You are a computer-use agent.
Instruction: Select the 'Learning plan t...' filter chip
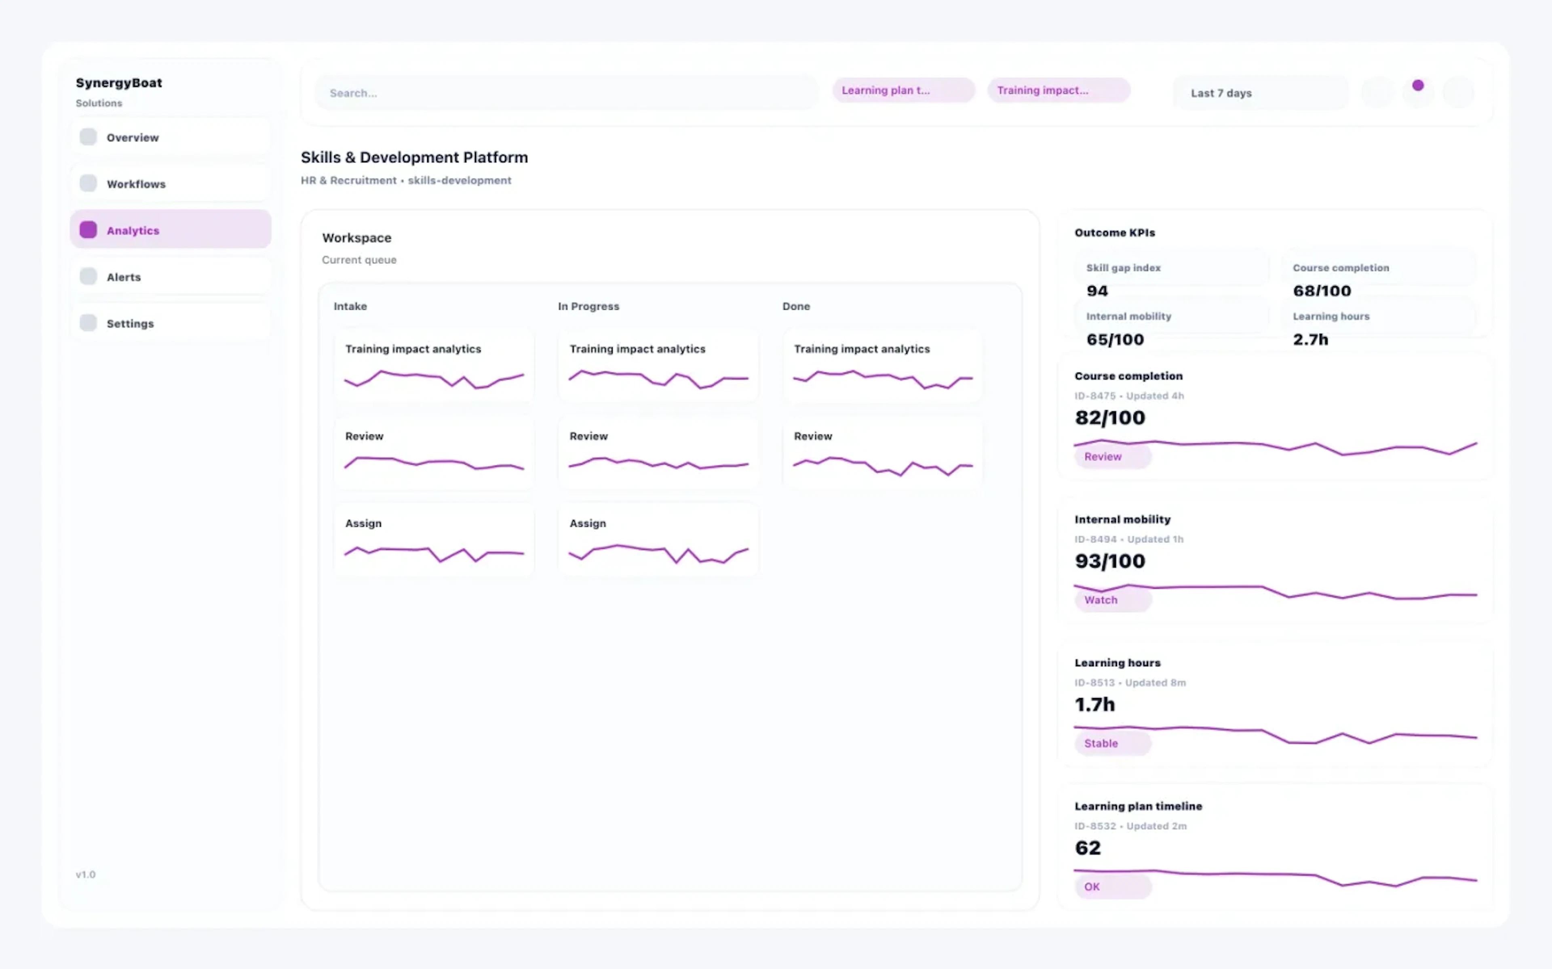903,90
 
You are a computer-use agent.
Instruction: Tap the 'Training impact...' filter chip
1058,90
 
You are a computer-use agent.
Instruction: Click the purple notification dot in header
1417,85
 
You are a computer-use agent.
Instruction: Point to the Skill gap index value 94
1097,291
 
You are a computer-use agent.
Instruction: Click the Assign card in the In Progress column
658,540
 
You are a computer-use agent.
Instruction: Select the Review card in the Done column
882,453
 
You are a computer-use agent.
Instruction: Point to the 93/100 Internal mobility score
1109,561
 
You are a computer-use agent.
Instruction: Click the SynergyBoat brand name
119,83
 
